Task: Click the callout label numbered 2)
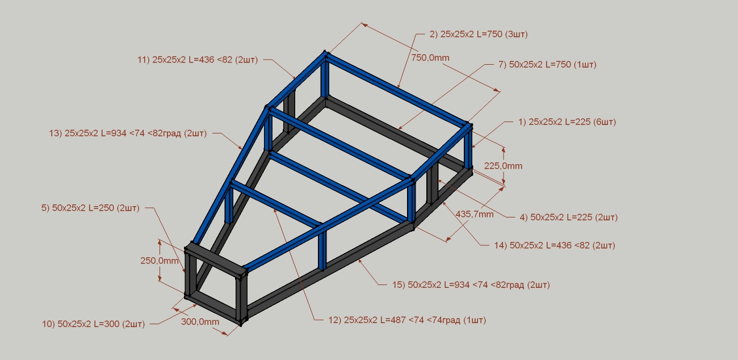pyautogui.click(x=479, y=34)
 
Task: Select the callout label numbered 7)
pyautogui.click(x=547, y=65)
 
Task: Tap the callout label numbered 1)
pyautogui.click(x=567, y=122)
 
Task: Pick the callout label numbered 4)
pyautogui.click(x=568, y=217)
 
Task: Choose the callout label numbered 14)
pyautogui.click(x=555, y=246)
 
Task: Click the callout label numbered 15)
pyautogui.click(x=471, y=285)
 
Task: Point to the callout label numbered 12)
pyautogui.click(x=407, y=320)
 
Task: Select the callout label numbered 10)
pyautogui.click(x=93, y=324)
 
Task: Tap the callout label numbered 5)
pyautogui.click(x=90, y=208)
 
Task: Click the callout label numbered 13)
pyautogui.click(x=128, y=133)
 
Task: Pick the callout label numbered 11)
pyautogui.click(x=198, y=60)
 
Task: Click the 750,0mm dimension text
pyautogui.click(x=430, y=58)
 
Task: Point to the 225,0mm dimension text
pyautogui.click(x=503, y=166)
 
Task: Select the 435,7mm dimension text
pyautogui.click(x=475, y=214)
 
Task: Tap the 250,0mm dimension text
pyautogui.click(x=160, y=261)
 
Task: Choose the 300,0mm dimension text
pyautogui.click(x=200, y=322)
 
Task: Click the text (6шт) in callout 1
pyautogui.click(x=604, y=122)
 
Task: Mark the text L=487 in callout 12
pyautogui.click(x=393, y=320)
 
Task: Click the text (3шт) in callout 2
pyautogui.click(x=516, y=34)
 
